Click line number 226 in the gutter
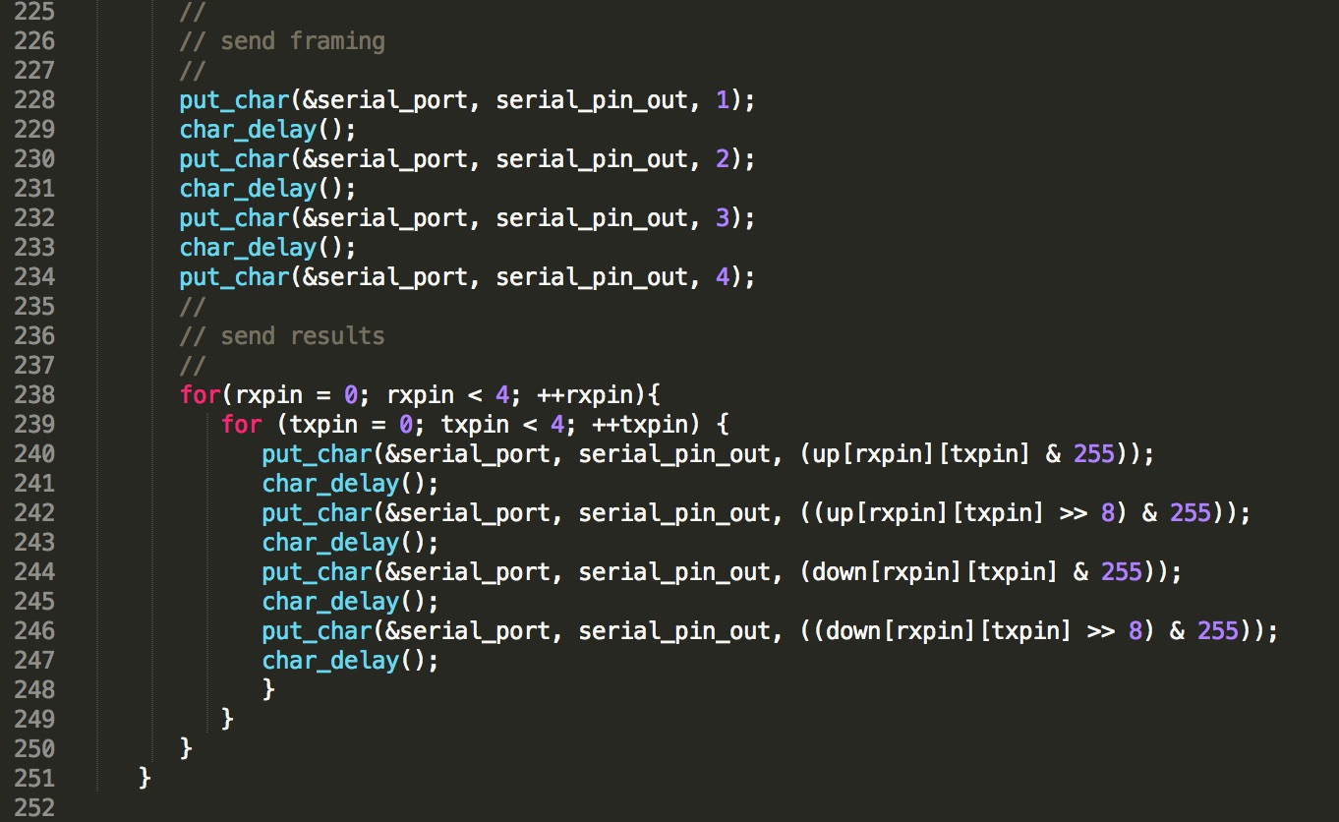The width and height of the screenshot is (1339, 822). click(34, 41)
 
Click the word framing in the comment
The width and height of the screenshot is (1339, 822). click(338, 42)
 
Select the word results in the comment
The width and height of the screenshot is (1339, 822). click(338, 336)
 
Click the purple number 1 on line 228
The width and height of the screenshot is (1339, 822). click(723, 100)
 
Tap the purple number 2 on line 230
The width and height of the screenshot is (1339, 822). click(723, 159)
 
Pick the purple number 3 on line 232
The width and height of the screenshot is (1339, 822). click(723, 217)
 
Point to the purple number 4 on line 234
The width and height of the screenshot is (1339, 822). click(723, 277)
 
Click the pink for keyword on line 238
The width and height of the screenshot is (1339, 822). click(201, 394)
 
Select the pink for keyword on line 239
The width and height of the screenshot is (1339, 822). click(242, 425)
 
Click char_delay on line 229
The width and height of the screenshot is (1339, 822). click(248, 131)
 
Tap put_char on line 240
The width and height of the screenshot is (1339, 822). click(318, 454)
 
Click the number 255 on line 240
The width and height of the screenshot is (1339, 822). click(1094, 453)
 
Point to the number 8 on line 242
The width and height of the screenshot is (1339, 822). click(1108, 513)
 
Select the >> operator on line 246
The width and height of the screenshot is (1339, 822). click(1100, 631)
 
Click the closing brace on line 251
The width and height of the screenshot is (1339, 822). click(145, 779)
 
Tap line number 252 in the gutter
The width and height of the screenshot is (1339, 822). click(34, 807)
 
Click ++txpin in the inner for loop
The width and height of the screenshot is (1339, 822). click(639, 425)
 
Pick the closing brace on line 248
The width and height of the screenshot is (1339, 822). click(268, 690)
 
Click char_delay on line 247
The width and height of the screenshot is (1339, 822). click(330, 661)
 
